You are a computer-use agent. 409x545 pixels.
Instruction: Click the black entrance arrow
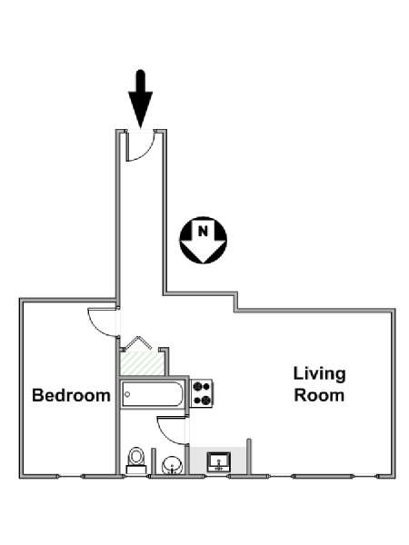pos(141,99)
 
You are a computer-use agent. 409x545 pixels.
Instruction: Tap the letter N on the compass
pos(203,231)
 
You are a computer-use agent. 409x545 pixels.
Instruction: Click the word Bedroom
pos(71,395)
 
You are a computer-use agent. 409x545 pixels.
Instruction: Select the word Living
pos(319,374)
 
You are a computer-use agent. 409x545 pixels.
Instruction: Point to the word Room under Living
pos(319,395)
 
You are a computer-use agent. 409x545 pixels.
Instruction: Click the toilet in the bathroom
pos(136,461)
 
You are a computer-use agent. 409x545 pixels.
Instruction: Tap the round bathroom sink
pos(172,465)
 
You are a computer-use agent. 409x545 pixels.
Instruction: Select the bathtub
pos(153,394)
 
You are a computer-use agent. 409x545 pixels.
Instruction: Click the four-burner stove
pos(202,393)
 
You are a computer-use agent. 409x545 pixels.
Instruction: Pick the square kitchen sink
pos(219,462)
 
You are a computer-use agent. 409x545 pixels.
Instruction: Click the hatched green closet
pos(142,363)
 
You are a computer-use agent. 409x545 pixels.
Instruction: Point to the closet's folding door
pos(138,342)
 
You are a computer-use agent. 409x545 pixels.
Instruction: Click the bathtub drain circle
pos(127,394)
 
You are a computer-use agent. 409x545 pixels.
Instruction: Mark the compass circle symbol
pos(203,240)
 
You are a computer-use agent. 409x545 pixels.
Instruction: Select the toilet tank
pos(136,470)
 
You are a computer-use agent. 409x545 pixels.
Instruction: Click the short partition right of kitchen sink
pos(249,456)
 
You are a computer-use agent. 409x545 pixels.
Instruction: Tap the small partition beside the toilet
pos(153,461)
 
